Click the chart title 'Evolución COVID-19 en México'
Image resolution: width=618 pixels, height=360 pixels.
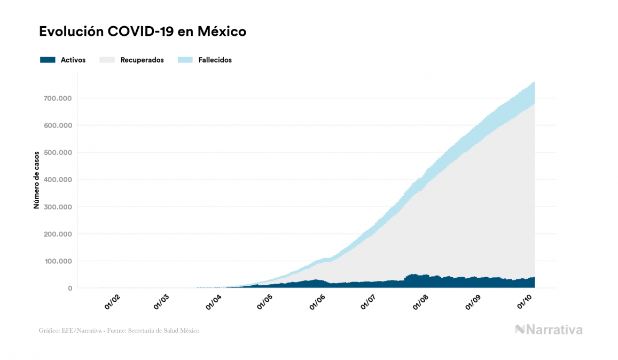click(x=143, y=32)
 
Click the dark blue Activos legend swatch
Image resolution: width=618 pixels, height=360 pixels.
click(x=48, y=60)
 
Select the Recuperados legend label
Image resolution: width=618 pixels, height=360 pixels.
click(x=142, y=60)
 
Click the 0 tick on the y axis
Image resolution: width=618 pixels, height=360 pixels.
click(x=69, y=288)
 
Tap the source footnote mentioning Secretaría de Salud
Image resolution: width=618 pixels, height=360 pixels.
click(x=119, y=331)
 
